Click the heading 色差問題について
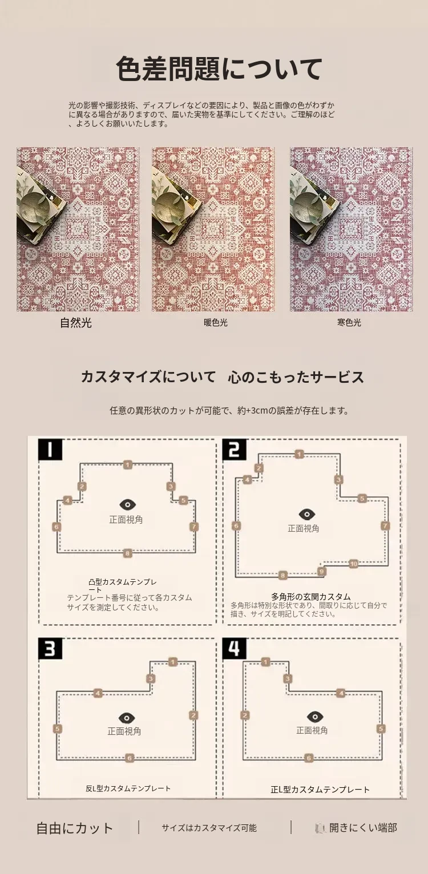point(219,68)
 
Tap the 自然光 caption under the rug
point(76,323)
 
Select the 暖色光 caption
point(215,323)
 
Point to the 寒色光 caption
point(349,323)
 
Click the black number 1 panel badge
point(50,449)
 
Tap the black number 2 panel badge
point(234,450)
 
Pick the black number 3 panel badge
point(50,649)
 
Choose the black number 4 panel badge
point(234,648)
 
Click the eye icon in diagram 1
point(128,505)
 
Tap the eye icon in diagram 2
point(306,514)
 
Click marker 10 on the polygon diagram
point(353,564)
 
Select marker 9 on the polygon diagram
point(321,572)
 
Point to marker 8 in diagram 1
point(127,553)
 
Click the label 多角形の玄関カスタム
point(311,597)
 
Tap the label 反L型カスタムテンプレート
point(128,788)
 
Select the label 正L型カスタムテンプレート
point(320,790)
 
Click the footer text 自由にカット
point(75,828)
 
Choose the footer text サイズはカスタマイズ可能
point(209,828)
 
